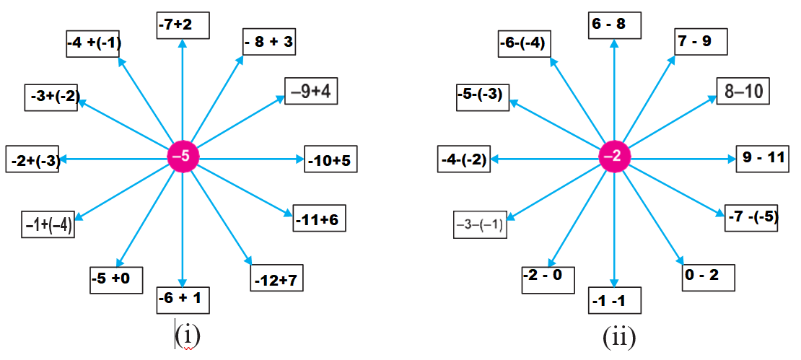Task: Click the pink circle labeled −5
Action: pyautogui.click(x=183, y=157)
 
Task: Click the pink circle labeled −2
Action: pyautogui.click(x=615, y=157)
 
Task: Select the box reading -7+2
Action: pyautogui.click(x=183, y=25)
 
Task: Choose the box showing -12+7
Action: pyautogui.click(x=277, y=278)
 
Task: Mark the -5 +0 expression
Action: pyautogui.click(x=116, y=278)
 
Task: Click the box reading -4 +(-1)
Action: pyautogui.click(x=93, y=43)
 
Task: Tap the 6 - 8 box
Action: pyautogui.click(x=613, y=25)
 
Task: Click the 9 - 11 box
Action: pyautogui.click(x=763, y=158)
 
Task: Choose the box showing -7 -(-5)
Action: pyautogui.click(x=751, y=218)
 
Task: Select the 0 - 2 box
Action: pyautogui.click(x=708, y=278)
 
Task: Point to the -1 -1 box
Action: pyautogui.click(x=614, y=299)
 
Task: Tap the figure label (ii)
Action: pyautogui.click(x=619, y=336)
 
